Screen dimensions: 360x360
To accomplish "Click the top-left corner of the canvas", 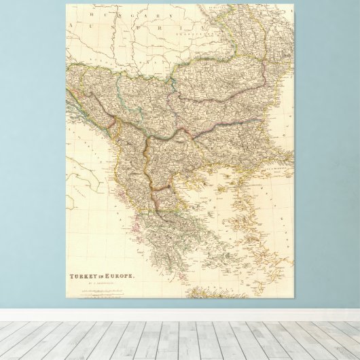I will point(67,4).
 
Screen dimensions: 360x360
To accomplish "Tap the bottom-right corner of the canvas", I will point(293,298).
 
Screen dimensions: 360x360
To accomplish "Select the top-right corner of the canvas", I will point(293,4).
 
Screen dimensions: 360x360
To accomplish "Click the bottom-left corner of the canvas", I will point(67,298).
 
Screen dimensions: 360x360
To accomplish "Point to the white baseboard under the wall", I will point(180,314).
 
